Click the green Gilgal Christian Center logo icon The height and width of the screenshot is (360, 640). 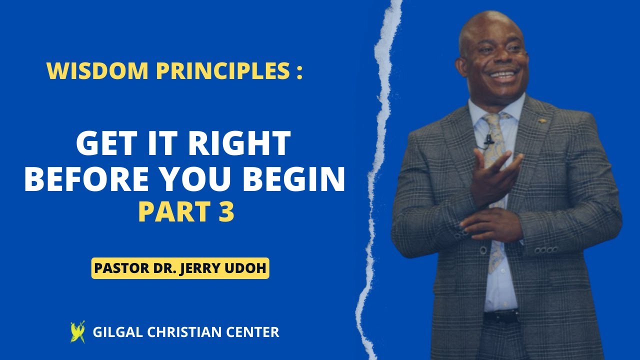[x=77, y=332]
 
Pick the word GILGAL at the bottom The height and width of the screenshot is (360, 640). [x=115, y=332]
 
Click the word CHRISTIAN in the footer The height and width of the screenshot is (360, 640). [x=183, y=332]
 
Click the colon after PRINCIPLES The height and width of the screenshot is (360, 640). [x=298, y=72]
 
